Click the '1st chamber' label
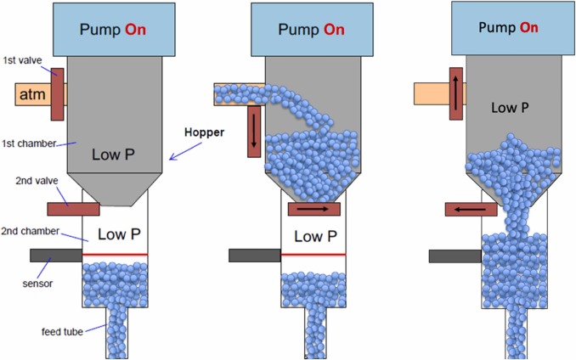[25, 142]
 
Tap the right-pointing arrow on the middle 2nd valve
[313, 208]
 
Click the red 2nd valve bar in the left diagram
[73, 208]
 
